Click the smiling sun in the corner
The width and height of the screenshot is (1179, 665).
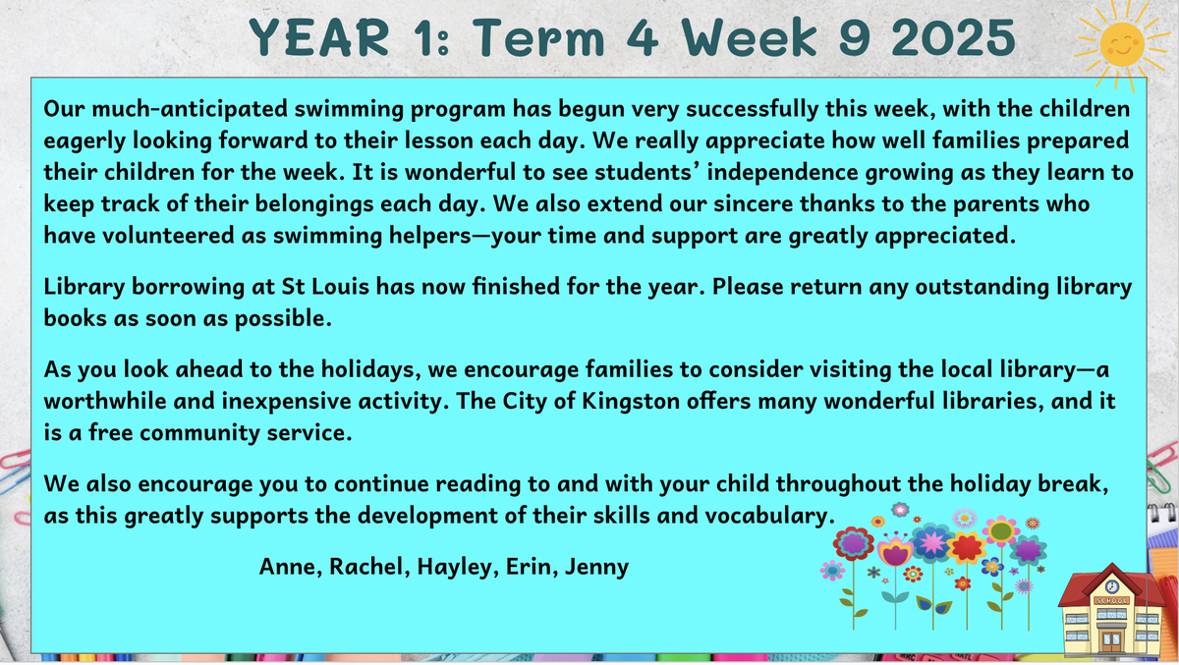(1122, 45)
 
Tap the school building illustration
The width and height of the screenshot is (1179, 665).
(1112, 611)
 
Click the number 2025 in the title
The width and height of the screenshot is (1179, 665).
(954, 37)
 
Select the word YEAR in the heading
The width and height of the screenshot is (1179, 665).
(319, 37)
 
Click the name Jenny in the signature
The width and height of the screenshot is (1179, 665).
(597, 568)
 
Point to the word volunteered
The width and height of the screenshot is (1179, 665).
(168, 236)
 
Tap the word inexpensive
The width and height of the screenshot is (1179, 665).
(286, 402)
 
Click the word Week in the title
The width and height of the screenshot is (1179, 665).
(750, 37)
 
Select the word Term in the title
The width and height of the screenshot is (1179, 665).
(539, 37)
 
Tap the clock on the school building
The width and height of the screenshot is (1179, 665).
(1111, 586)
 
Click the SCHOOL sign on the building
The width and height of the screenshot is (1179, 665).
(1111, 601)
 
